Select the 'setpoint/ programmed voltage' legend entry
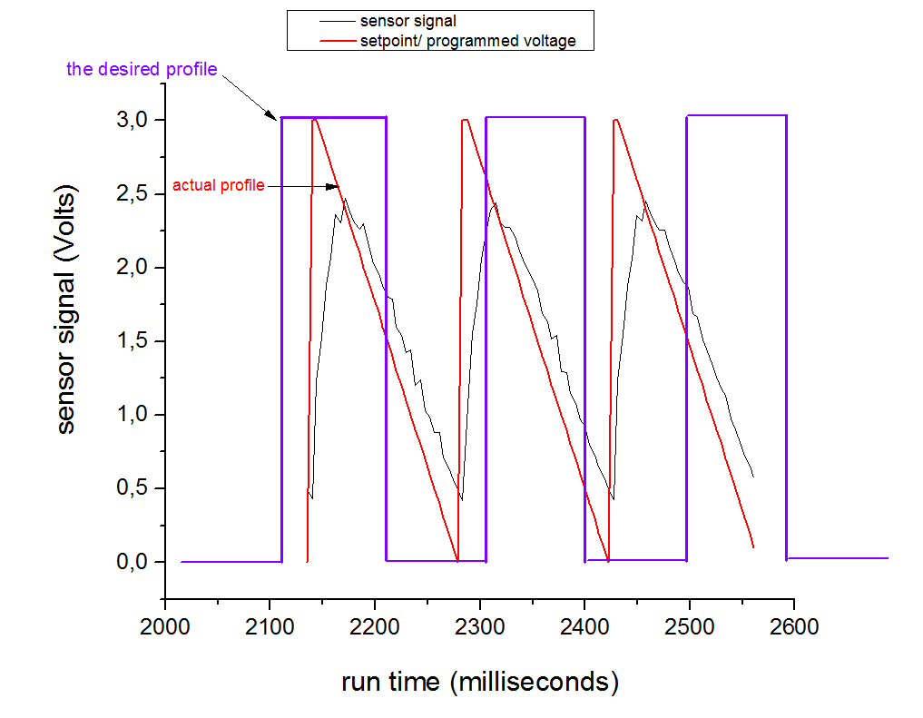pyautogui.click(x=467, y=41)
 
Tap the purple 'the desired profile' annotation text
pyautogui.click(x=142, y=69)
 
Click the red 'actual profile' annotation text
pyautogui.click(x=219, y=186)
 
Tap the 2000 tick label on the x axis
pyautogui.click(x=164, y=628)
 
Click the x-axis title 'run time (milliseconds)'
pyautogui.click(x=479, y=682)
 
